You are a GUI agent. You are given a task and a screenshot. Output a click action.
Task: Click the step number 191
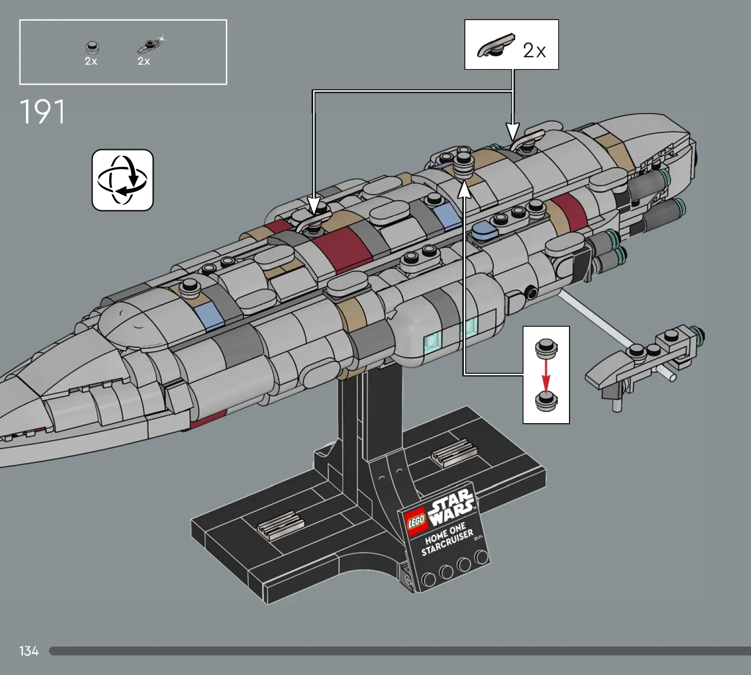pos(43,111)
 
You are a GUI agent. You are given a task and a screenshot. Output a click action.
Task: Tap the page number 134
pos(29,651)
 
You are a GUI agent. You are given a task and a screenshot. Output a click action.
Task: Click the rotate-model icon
pos(123,180)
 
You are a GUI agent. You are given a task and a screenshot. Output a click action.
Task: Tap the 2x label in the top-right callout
pos(534,50)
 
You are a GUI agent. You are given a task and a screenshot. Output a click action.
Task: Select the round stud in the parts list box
pos(92,48)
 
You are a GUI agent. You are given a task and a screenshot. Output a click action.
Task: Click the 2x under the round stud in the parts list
pos(91,61)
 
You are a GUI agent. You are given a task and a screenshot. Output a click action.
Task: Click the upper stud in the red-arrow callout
pos(546,348)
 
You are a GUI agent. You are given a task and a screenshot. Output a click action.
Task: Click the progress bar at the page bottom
pos(400,651)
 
